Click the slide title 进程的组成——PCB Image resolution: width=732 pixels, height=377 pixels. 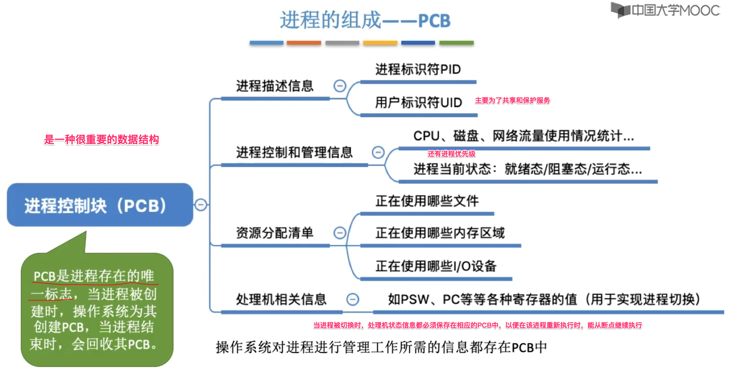coord(365,20)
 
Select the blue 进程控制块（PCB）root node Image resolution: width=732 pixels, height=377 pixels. coord(100,205)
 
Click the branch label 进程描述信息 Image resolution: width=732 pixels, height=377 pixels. coord(275,86)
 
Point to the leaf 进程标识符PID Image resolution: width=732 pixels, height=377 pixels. coord(418,69)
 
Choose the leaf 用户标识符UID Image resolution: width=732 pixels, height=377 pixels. coord(418,103)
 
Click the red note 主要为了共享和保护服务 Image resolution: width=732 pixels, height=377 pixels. coord(512,100)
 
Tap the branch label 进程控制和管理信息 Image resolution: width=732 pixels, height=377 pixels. coord(294,152)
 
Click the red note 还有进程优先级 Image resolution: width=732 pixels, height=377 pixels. coord(451,154)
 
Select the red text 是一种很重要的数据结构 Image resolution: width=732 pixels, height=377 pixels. coord(101,140)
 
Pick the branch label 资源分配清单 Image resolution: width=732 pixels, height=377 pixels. coord(275,233)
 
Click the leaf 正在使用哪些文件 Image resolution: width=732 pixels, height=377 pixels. coord(427,201)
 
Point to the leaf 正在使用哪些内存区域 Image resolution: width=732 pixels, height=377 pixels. coord(440,233)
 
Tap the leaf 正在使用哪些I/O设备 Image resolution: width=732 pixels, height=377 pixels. coord(436,266)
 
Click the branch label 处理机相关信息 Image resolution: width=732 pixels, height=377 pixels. coord(281,299)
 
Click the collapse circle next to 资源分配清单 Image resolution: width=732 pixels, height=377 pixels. coord(340,233)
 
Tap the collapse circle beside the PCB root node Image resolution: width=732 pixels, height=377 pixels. coord(201,205)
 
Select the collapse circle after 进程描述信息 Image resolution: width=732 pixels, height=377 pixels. coord(340,86)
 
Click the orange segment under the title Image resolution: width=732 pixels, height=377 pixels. coord(304,43)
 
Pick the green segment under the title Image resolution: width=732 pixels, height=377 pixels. coord(456,43)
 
